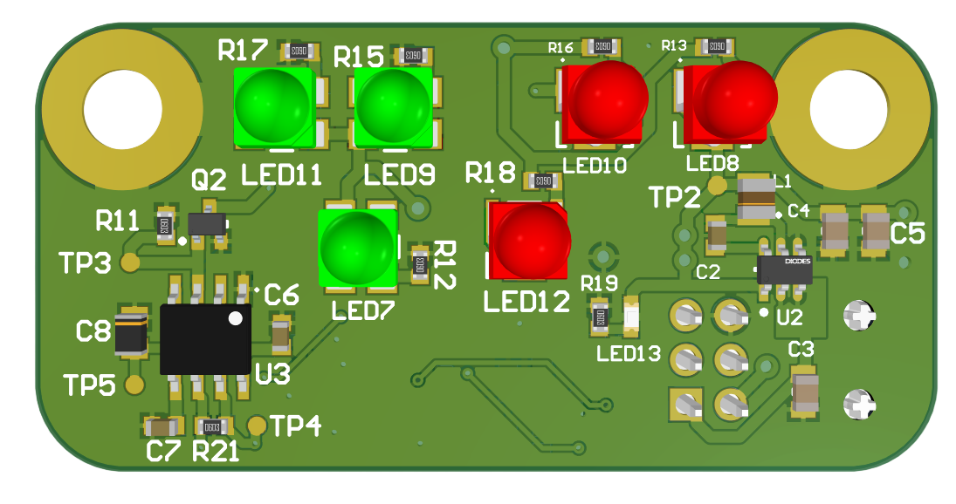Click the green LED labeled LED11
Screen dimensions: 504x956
click(x=272, y=106)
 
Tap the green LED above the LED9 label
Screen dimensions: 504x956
click(x=393, y=106)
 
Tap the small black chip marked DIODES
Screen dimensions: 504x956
click(x=785, y=269)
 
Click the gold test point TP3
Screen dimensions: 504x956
click(x=130, y=261)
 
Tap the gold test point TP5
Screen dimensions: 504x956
click(x=134, y=385)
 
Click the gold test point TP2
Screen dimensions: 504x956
click(x=716, y=185)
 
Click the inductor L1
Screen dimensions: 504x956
click(x=756, y=199)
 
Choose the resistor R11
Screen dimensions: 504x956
click(x=164, y=226)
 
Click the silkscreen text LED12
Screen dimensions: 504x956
click(x=526, y=302)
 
